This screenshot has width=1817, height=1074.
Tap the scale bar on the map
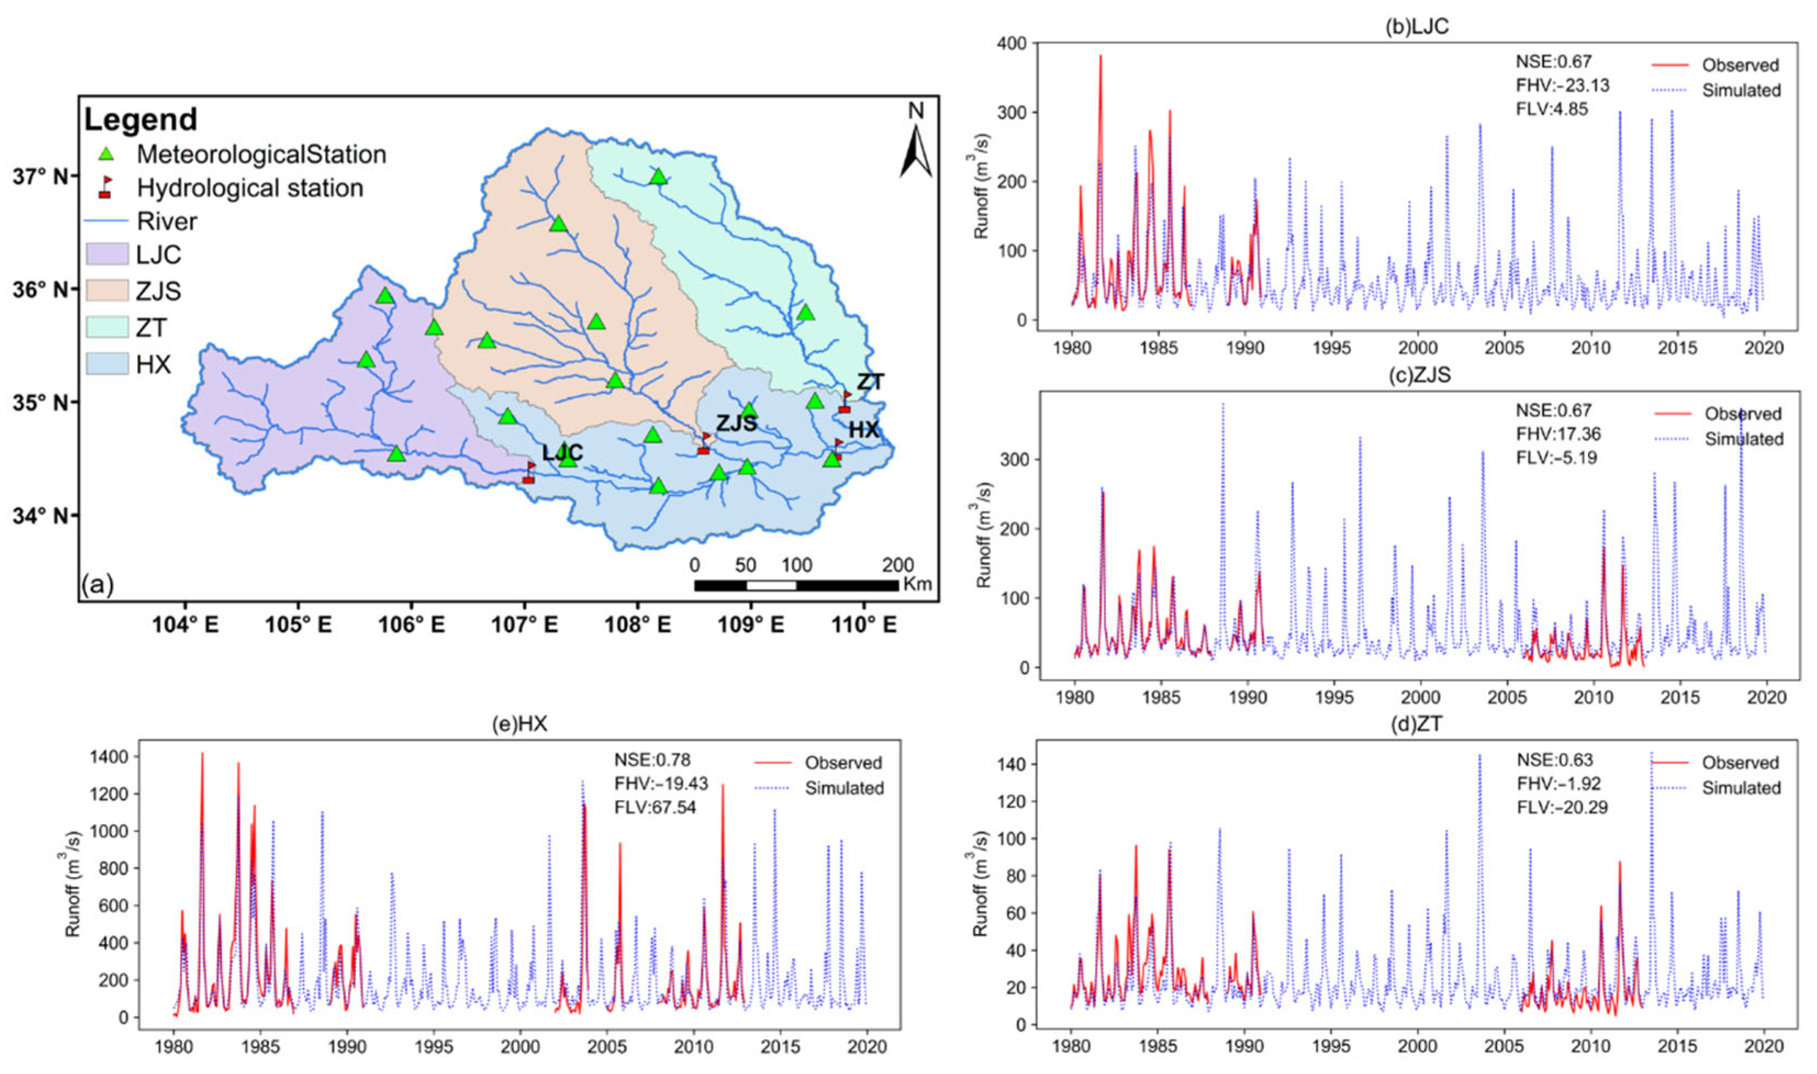(x=797, y=585)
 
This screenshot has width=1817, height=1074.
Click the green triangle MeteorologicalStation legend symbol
(x=106, y=154)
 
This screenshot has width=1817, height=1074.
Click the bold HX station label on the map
(x=863, y=430)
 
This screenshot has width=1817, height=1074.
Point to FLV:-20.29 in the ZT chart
(x=1562, y=806)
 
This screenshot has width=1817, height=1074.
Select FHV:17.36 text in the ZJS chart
(x=1558, y=434)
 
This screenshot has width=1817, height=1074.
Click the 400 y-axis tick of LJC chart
(x=1011, y=43)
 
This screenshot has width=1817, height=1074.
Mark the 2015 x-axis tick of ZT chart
(x=1677, y=1047)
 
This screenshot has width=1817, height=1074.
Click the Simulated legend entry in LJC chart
(x=1740, y=91)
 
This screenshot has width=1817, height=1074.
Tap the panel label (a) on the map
(x=98, y=583)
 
